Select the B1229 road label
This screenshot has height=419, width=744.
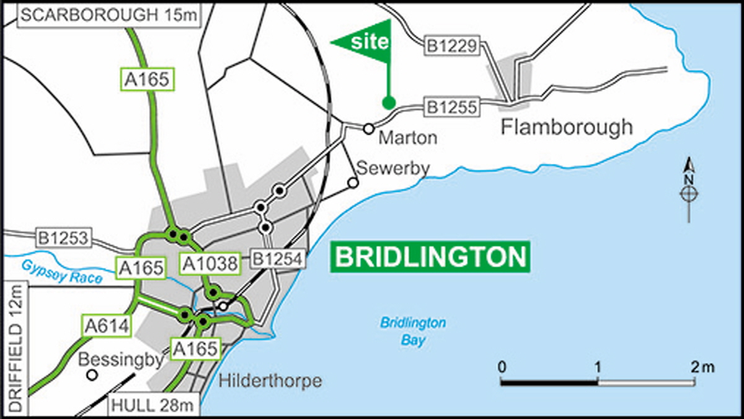[451, 46]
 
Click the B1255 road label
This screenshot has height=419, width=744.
[451, 107]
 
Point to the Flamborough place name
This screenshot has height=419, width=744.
[567, 127]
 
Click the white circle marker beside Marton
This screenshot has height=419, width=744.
[368, 128]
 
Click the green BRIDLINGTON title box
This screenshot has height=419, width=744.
[429, 256]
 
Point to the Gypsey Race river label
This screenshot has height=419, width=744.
[61, 271]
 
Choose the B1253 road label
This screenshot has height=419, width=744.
[64, 237]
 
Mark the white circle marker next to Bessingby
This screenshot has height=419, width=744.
[92, 375]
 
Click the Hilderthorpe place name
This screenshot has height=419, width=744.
[271, 380]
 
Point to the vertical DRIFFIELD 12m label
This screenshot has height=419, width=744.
[15, 348]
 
